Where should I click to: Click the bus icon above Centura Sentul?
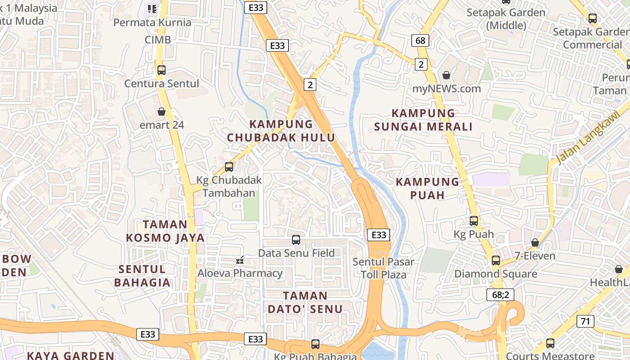tap(162, 70)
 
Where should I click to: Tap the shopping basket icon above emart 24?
tap(162, 112)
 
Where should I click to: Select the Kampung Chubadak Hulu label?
tap(281, 130)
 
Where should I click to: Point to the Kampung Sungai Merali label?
tap(423, 120)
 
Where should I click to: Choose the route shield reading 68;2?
tap(500, 295)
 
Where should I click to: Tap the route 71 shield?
tap(585, 321)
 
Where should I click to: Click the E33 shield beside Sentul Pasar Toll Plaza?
tap(378, 235)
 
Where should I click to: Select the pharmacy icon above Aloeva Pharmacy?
tap(240, 260)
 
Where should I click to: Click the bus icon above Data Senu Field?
tap(296, 240)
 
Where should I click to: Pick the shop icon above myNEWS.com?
tap(446, 75)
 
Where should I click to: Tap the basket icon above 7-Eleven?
tap(535, 243)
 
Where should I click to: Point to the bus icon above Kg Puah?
tap(474, 221)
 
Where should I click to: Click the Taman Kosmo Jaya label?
tap(165, 231)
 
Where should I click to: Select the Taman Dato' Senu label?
tap(305, 302)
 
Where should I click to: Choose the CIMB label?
tap(157, 40)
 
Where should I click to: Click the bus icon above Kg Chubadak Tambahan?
tap(229, 167)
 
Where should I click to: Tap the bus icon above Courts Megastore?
tap(550, 343)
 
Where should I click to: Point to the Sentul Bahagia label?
tap(142, 276)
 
